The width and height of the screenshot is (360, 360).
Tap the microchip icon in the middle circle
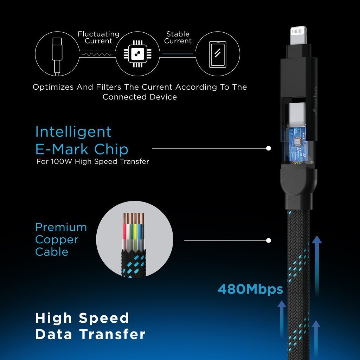tap(137, 54)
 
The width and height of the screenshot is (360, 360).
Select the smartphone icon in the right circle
tap(218, 54)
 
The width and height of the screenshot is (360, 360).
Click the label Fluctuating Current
tap(98, 38)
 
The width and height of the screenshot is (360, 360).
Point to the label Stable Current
tap(178, 38)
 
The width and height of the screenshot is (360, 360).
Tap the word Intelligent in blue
tap(73, 132)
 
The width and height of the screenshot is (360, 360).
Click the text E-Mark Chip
tap(82, 149)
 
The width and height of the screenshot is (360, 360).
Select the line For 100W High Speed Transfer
tap(93, 162)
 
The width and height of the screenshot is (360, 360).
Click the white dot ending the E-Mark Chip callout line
tap(269, 148)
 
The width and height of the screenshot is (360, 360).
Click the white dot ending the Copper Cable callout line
tap(269, 241)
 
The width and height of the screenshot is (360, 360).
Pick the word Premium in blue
tap(61, 227)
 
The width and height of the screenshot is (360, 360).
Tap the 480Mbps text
tap(250, 289)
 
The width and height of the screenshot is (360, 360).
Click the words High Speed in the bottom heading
tap(82, 318)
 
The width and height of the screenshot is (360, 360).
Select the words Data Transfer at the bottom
tap(90, 334)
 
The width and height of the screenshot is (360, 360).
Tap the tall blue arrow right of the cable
tap(317, 264)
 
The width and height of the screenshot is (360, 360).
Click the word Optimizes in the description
tap(53, 87)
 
